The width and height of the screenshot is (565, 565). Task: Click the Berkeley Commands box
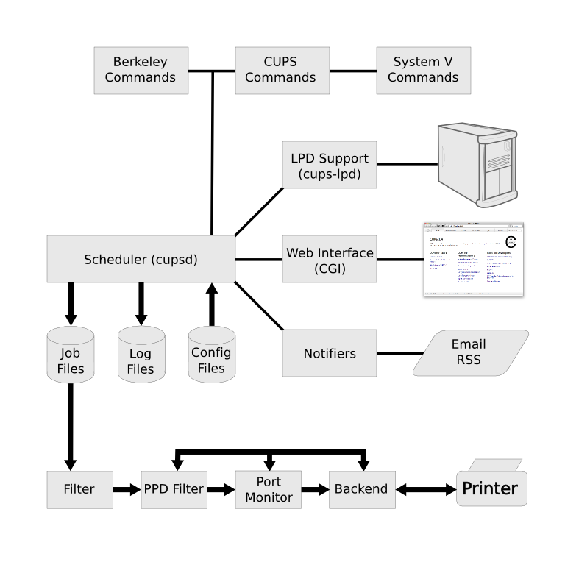tap(141, 70)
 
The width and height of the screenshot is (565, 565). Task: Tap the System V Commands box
tap(423, 70)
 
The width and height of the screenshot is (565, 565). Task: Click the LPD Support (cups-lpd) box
tap(329, 165)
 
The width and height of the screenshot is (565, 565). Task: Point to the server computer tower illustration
tap(476, 165)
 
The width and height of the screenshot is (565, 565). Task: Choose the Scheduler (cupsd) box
tap(141, 259)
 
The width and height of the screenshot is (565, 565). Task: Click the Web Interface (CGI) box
tap(329, 259)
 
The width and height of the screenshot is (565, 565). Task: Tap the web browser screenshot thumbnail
tap(473, 259)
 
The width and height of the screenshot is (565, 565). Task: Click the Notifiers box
tap(329, 353)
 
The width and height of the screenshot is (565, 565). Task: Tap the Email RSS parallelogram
tap(470, 352)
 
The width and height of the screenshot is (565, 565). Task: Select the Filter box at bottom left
tap(79, 489)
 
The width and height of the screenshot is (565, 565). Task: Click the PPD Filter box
tap(174, 489)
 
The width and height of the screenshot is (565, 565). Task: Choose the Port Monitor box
tap(269, 489)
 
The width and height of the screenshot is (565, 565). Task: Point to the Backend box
tap(361, 489)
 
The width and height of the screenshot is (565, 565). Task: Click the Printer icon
tap(491, 486)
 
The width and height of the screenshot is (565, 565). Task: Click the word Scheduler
tap(116, 259)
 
